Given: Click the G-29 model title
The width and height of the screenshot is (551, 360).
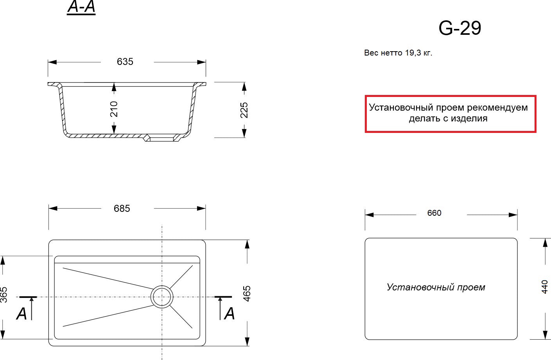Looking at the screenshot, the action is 460,28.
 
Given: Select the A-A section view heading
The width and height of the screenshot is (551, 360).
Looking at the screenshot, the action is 81,7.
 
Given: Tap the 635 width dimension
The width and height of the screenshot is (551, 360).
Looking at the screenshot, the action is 125,62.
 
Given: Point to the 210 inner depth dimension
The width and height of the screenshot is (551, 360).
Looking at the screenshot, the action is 114,109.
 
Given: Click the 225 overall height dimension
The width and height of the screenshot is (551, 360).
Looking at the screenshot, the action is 244,110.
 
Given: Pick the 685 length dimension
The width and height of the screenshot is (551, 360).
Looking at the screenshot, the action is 122,208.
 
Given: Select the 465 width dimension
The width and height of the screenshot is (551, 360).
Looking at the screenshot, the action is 247,294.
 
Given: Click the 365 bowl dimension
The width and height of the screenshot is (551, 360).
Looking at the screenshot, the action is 4,295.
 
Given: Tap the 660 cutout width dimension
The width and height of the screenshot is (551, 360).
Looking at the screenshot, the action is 434,213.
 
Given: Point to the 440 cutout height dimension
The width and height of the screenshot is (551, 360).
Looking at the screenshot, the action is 544,287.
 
